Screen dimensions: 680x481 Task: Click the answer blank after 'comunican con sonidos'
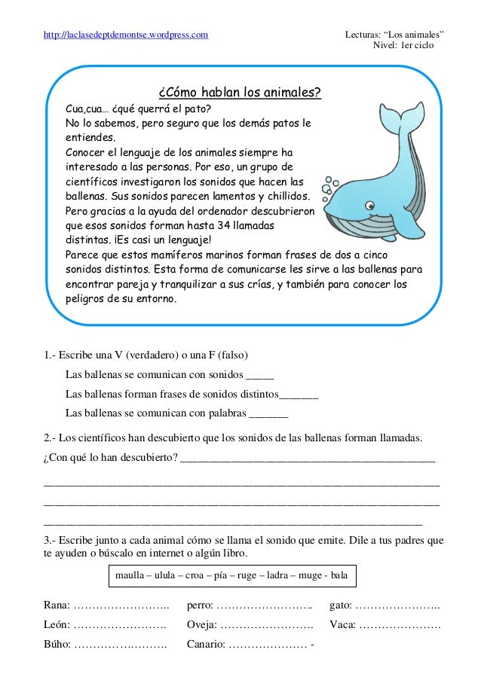260,374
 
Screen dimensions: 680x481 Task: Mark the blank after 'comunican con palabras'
268,413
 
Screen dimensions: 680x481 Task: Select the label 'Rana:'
57,605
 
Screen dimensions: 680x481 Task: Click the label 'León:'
57,625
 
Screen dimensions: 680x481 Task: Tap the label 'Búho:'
58,645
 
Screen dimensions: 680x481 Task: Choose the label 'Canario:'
206,645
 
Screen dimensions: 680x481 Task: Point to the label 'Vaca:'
343,625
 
